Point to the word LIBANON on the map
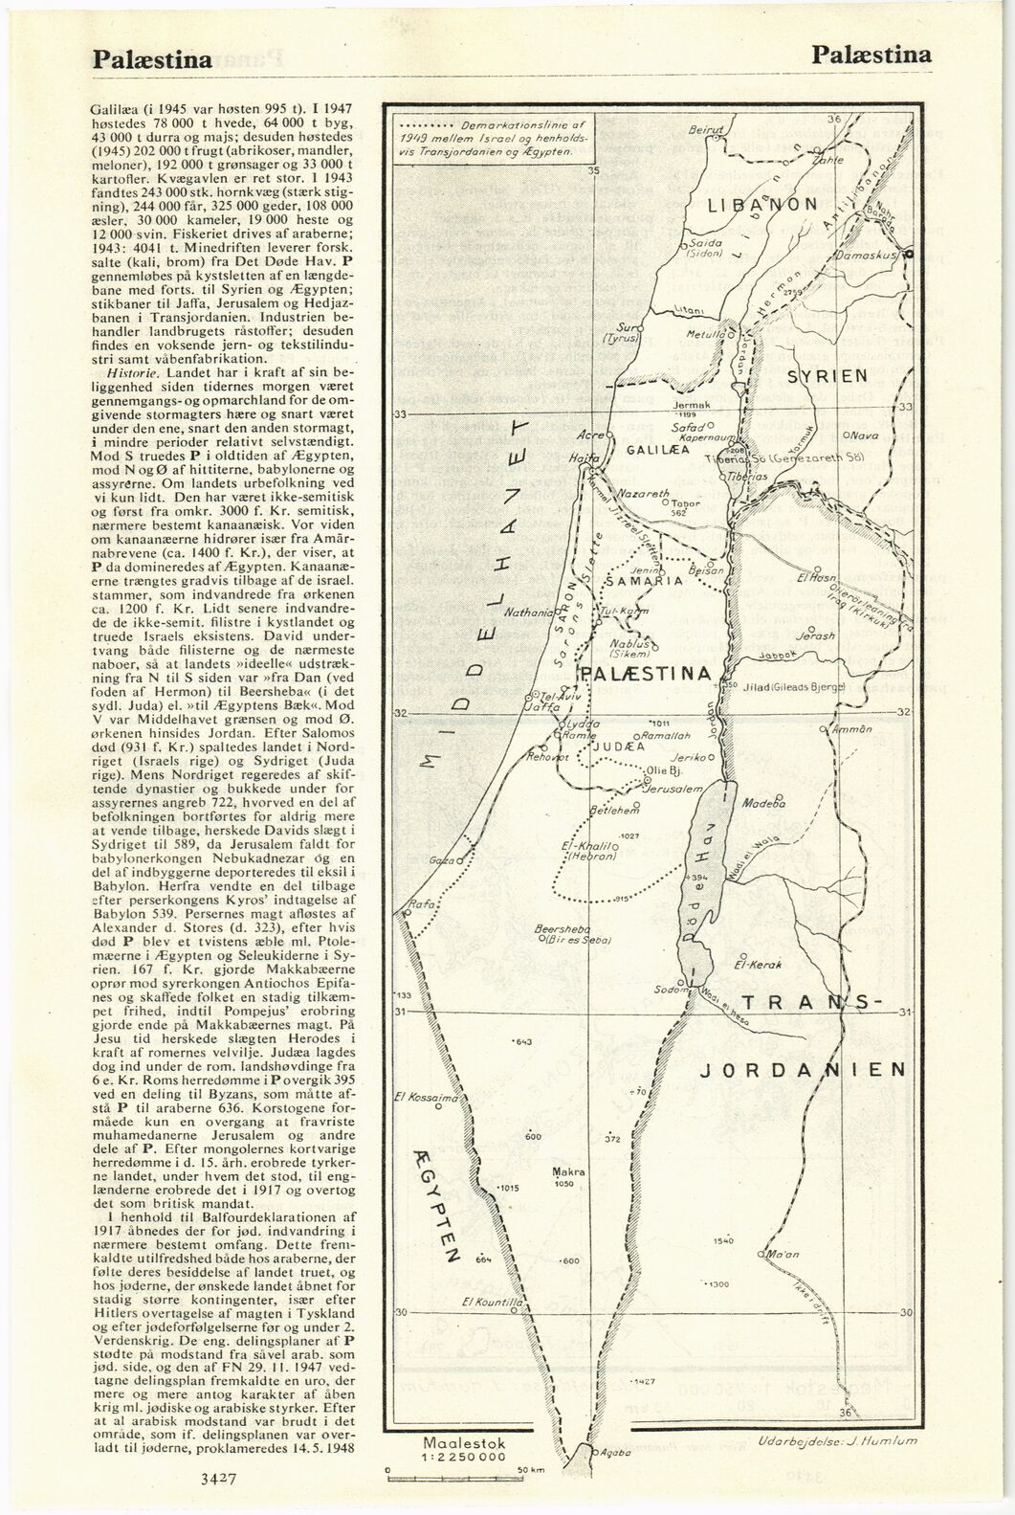[762, 204]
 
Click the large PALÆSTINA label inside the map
[646, 674]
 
